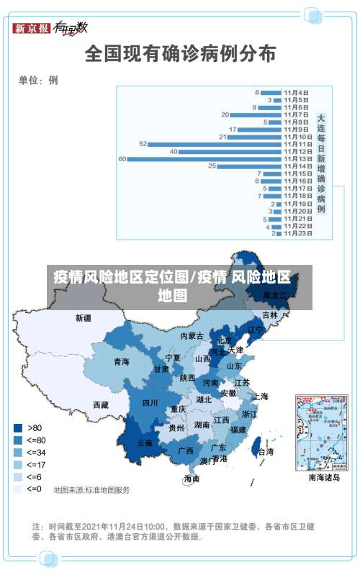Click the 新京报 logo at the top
pos(32,28)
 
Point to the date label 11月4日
pos(296,93)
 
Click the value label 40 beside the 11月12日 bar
pos(174,151)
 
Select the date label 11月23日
pos(297,233)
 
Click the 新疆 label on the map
pos(84,317)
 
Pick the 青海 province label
pos(121,362)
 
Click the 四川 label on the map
pos(150,403)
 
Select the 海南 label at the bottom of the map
pos(192,479)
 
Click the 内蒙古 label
pos(192,336)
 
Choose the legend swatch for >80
pos(17,427)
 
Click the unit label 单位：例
pos(38,80)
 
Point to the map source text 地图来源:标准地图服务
pos(91,490)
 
